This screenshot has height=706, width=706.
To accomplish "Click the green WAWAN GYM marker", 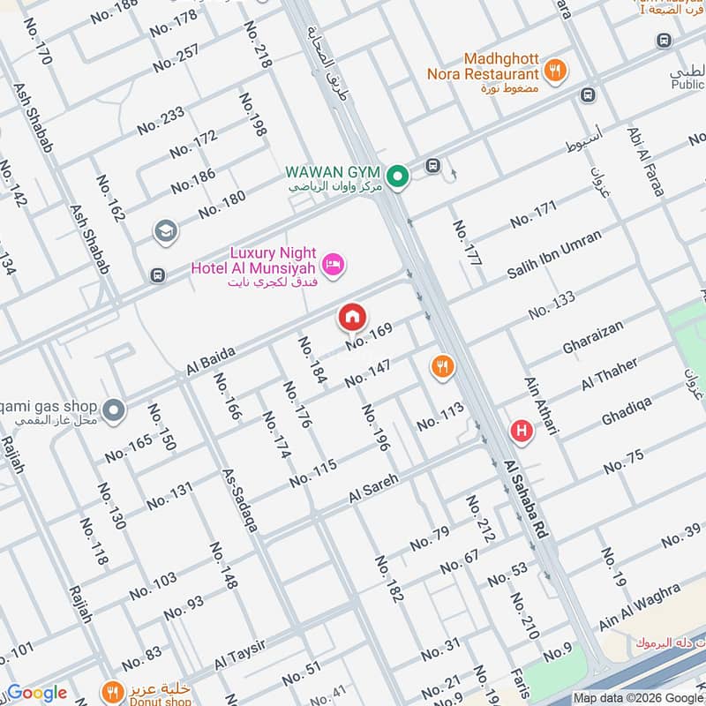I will pyautogui.click(x=398, y=178).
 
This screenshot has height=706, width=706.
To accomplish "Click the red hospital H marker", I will pyautogui.click(x=522, y=431).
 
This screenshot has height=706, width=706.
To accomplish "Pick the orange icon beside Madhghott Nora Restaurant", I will pyautogui.click(x=555, y=71).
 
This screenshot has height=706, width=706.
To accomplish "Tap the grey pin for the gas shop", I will pyautogui.click(x=113, y=410).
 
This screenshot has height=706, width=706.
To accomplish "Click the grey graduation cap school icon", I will pyautogui.click(x=165, y=231).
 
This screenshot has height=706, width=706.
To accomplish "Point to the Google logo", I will pyautogui.click(x=36, y=693).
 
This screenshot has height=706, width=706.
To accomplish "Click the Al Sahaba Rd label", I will pyautogui.click(x=527, y=499).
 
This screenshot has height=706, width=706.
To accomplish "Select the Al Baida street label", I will pyautogui.click(x=210, y=360).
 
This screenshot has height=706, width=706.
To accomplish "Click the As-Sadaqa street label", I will pyautogui.click(x=240, y=499).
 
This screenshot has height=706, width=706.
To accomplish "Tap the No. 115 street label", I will pyautogui.click(x=312, y=473).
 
